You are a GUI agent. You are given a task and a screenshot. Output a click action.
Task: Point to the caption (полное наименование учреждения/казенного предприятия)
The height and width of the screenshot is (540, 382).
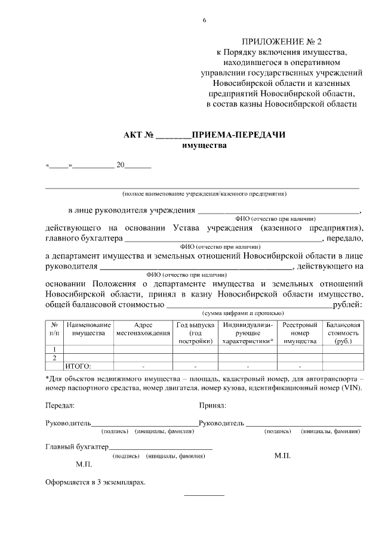(204, 194)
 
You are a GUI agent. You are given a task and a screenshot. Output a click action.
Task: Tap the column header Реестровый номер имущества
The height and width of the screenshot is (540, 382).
(300, 333)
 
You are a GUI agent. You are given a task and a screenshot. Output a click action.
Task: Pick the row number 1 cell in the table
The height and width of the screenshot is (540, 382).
(54, 350)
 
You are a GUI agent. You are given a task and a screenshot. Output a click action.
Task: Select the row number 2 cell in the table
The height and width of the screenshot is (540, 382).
(54, 358)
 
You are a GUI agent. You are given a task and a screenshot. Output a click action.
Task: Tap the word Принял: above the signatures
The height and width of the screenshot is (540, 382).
(212, 406)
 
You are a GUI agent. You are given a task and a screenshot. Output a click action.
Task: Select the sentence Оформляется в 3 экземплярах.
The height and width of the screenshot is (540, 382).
(95, 481)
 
